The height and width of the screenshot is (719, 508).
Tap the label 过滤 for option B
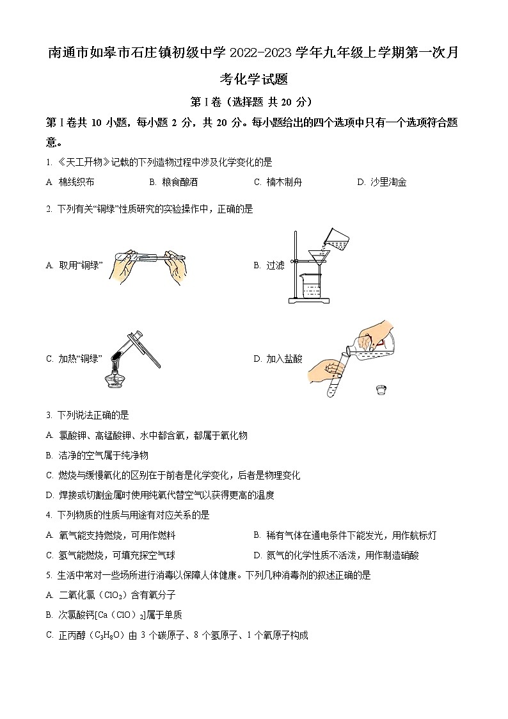tap(275, 265)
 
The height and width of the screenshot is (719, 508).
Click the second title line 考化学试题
tap(253, 79)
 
